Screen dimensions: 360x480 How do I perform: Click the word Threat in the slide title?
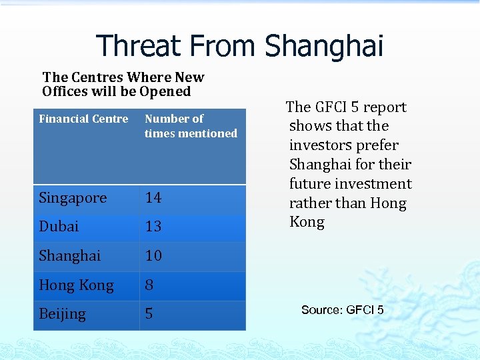[139, 46]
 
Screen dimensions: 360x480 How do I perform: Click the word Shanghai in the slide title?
[324, 46]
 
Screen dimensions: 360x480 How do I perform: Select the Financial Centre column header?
[83, 119]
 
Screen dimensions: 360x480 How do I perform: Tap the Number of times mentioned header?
[191, 126]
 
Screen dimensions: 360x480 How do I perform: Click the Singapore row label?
[73, 198]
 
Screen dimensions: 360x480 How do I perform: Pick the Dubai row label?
[59, 227]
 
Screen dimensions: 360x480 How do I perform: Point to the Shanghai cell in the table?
[70, 256]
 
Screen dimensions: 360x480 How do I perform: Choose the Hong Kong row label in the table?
[76, 285]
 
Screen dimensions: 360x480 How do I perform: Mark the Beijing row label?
[62, 314]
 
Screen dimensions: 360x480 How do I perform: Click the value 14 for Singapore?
[153, 198]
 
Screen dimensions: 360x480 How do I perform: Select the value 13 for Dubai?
[153, 227]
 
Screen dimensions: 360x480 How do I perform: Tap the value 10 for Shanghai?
[153, 256]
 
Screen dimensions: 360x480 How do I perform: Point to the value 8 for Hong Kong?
[149, 285]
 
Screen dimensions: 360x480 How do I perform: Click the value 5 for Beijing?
[149, 314]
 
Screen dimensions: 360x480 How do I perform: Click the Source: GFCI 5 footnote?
[342, 310]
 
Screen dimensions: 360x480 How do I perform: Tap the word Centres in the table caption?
[95, 77]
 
